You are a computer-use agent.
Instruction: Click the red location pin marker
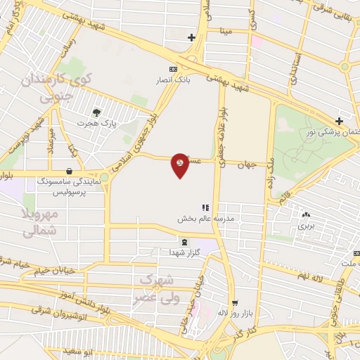tap(180, 165)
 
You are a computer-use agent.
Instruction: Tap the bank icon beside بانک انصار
tap(173, 69)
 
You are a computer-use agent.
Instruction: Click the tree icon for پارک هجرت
tap(96, 111)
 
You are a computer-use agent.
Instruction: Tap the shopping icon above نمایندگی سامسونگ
tap(69, 171)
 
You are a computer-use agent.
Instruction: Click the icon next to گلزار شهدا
tap(185, 242)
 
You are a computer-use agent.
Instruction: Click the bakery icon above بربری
tap(305, 214)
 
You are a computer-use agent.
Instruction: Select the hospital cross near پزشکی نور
tap(339, 121)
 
